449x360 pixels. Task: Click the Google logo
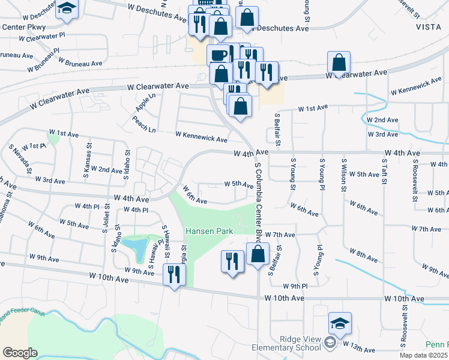(20, 353)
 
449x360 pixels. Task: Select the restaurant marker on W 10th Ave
(174, 275)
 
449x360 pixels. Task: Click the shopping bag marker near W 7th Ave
(258, 254)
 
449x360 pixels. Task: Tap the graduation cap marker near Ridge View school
(339, 325)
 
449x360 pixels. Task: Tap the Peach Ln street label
(143, 125)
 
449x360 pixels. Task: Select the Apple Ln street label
(142, 101)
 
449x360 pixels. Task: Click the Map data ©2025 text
(423, 355)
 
